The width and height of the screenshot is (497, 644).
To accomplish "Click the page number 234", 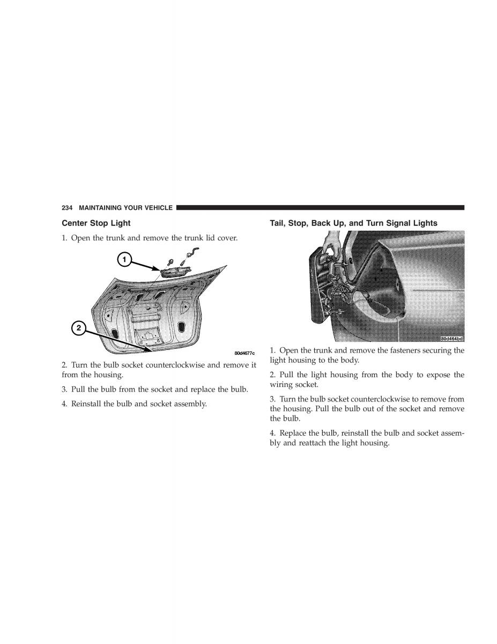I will click(x=67, y=208).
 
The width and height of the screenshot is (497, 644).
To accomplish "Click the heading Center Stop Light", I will click(x=96, y=223).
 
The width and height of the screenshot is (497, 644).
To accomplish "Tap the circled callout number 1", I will click(x=124, y=260).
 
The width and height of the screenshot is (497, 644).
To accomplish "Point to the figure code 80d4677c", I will click(x=244, y=353).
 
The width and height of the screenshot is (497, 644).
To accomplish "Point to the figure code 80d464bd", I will click(x=451, y=339).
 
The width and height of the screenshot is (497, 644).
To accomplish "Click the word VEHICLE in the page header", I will click(x=158, y=208).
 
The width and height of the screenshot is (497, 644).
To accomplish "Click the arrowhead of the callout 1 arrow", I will click(x=160, y=269).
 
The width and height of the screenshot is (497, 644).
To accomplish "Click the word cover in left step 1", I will click(x=226, y=237).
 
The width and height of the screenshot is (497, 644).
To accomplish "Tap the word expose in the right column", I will click(x=436, y=375).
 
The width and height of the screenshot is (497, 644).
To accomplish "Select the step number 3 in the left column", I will click(x=64, y=389).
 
